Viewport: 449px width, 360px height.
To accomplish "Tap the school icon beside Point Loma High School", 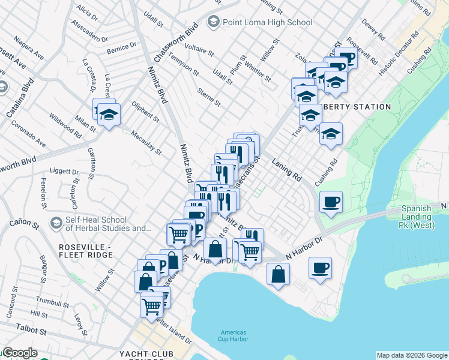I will (x=212, y=23).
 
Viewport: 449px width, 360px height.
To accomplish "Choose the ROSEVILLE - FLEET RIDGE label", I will (x=86, y=251).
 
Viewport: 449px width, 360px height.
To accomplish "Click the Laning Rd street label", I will (x=286, y=169).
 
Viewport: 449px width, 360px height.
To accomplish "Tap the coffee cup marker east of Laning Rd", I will (x=331, y=202).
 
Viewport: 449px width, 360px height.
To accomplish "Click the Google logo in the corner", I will (x=20, y=353).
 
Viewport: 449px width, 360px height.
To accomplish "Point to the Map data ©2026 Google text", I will (x=412, y=355).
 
